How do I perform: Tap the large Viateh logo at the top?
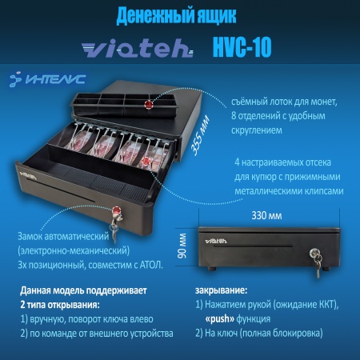tap(135, 49)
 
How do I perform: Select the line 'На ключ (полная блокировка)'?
tap(271, 332)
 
